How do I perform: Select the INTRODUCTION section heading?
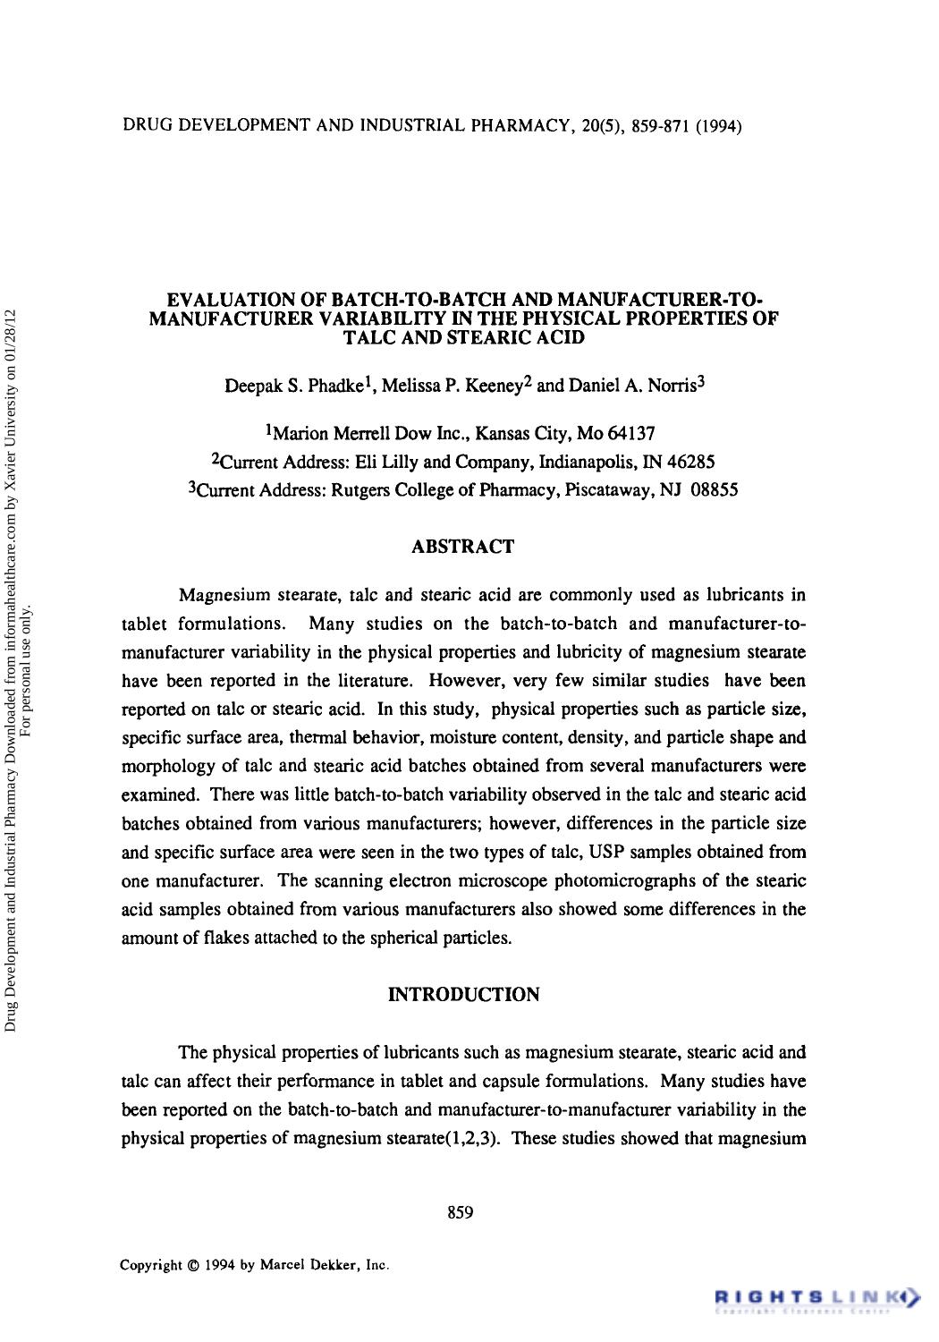(x=464, y=995)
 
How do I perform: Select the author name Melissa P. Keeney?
(x=450, y=386)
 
